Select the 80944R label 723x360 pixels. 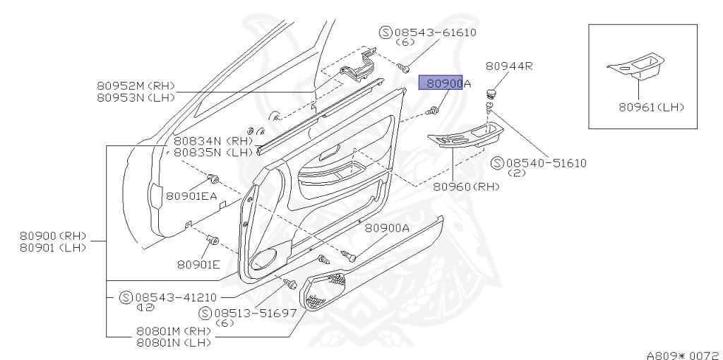[x=508, y=66]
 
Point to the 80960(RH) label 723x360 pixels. [x=466, y=187]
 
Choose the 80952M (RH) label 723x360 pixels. [x=135, y=85]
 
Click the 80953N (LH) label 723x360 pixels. [x=135, y=97]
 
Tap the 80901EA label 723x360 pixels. [x=191, y=196]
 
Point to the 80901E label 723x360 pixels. [x=198, y=264]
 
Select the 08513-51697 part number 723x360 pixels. [x=255, y=313]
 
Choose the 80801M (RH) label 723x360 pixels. [x=174, y=330]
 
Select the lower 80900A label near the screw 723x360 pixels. [x=386, y=228]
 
